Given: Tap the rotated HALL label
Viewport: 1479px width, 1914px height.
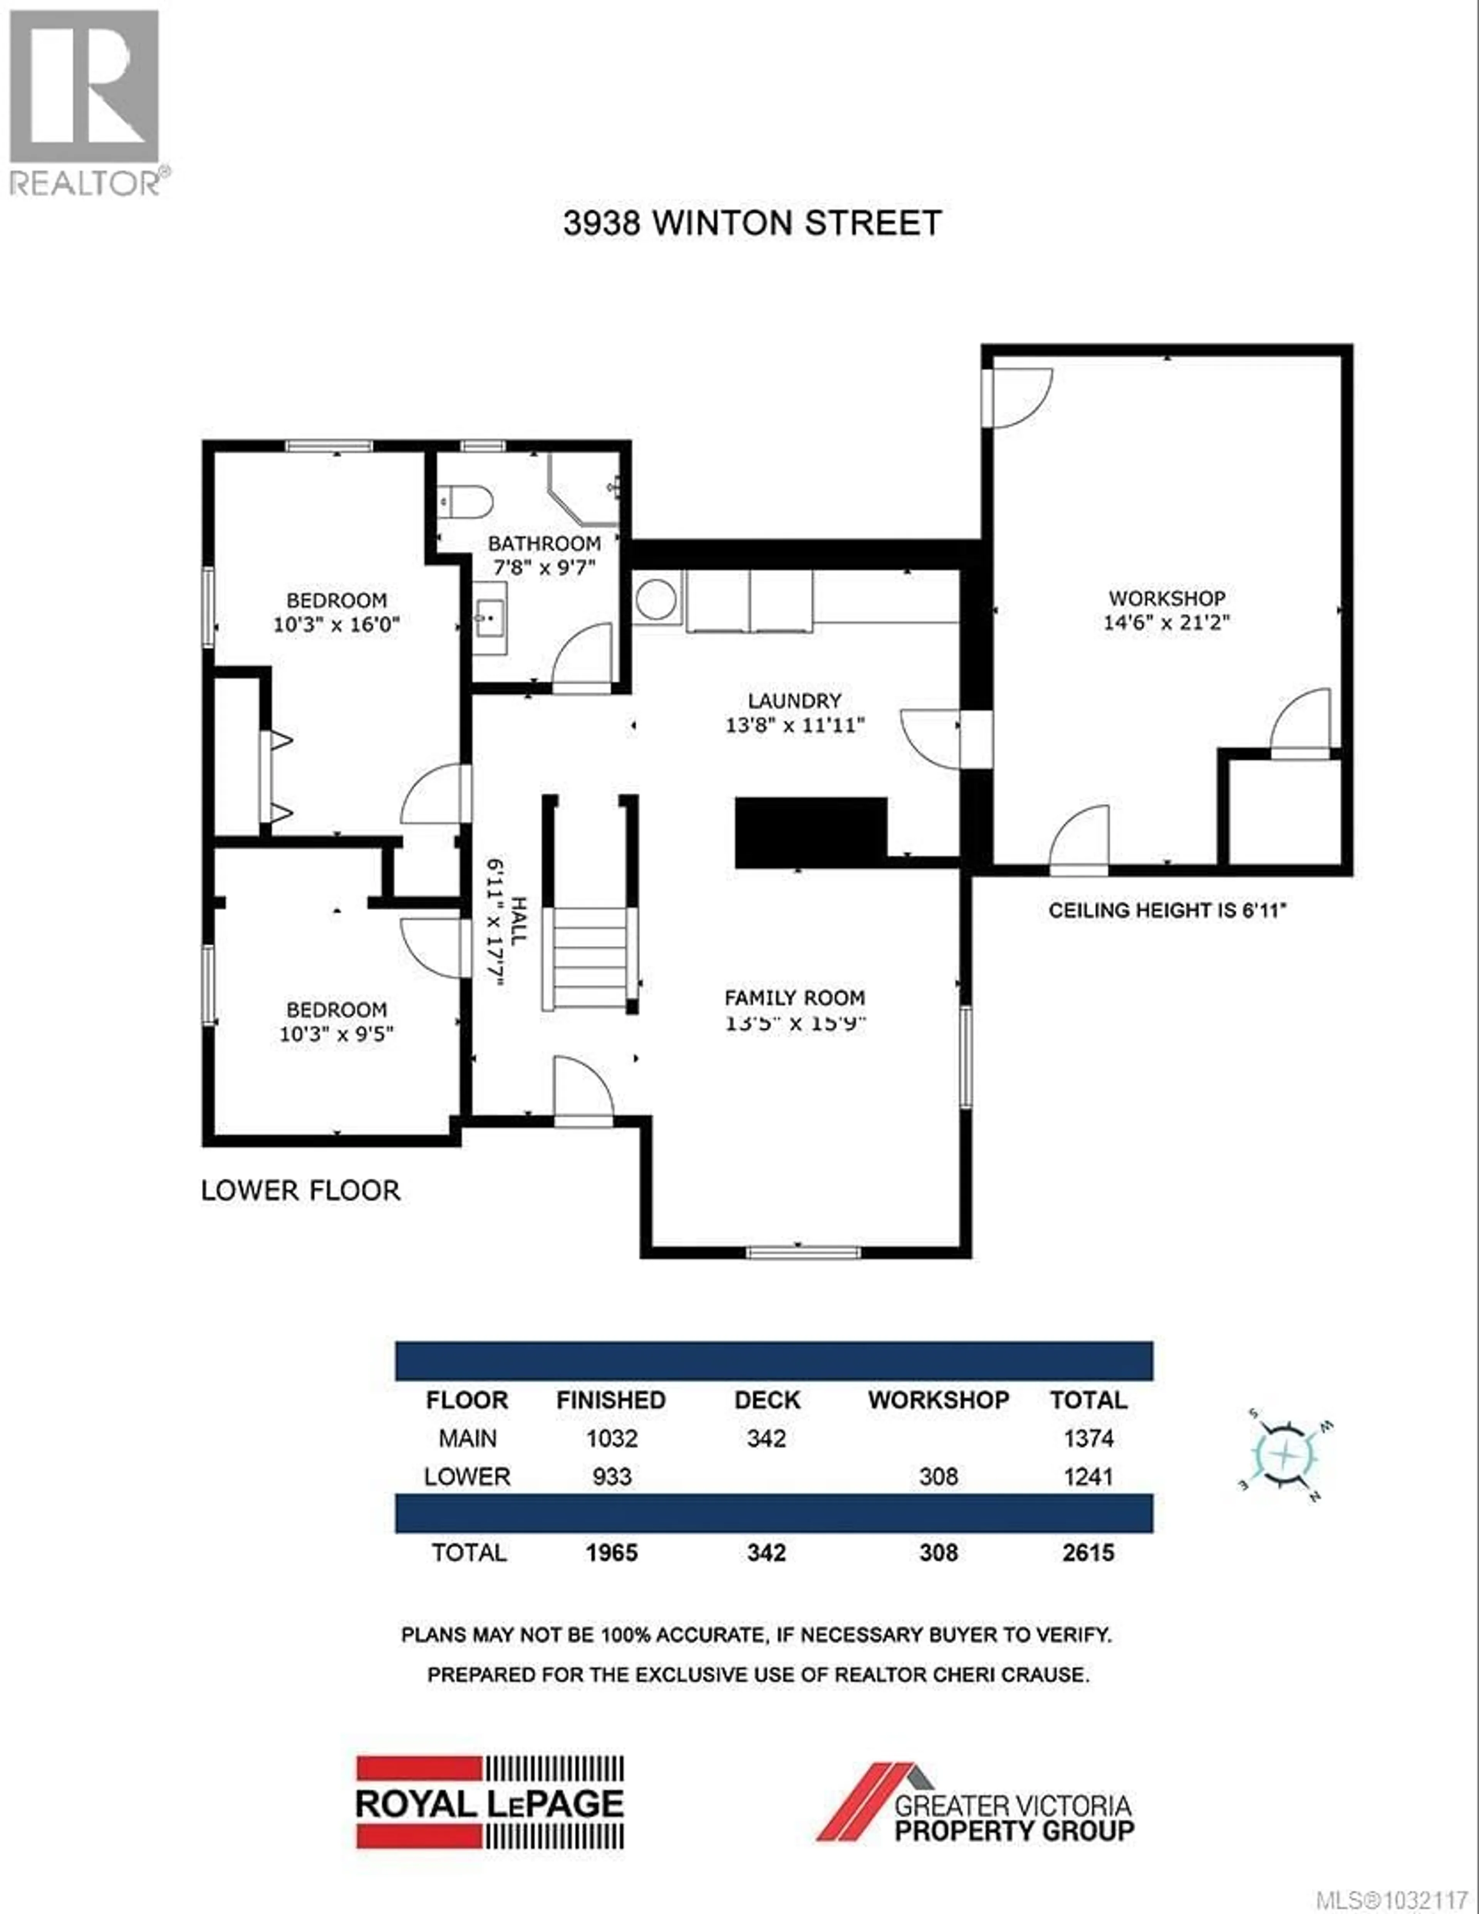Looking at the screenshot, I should pyautogui.click(x=518, y=920).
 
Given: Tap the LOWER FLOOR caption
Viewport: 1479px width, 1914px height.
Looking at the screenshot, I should pyautogui.click(x=300, y=1190).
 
